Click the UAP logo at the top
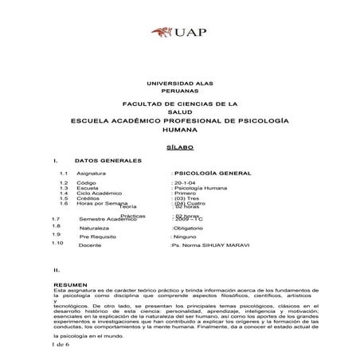pyautogui.click(x=180, y=33)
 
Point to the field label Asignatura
pyautogui.click(x=92, y=173)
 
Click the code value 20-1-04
pyautogui.click(x=185, y=182)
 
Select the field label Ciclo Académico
pyautogui.click(x=100, y=193)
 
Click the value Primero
pyautogui.click(x=185, y=193)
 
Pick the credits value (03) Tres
pyautogui.click(x=188, y=198)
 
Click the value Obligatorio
pyautogui.click(x=190, y=228)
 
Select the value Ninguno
pyautogui.click(x=188, y=237)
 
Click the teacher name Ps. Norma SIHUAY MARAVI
pyautogui.click(x=209, y=246)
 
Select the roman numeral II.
pyautogui.click(x=55, y=271)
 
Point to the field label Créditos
pyautogui.click(x=89, y=198)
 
